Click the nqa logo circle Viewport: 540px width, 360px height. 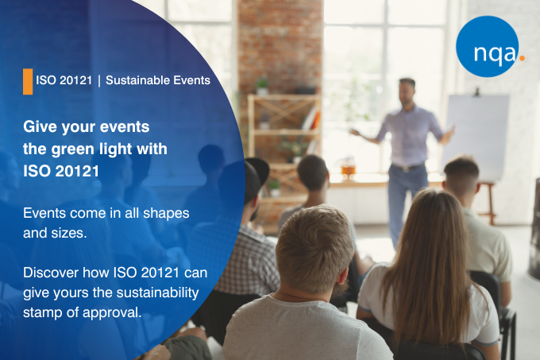click(487, 46)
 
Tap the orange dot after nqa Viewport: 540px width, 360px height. click(522, 58)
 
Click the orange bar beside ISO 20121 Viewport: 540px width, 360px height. click(28, 81)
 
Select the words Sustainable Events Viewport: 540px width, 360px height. click(158, 80)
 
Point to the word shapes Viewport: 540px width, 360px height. click(166, 214)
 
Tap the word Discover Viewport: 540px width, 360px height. click(51, 273)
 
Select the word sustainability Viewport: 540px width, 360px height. click(157, 293)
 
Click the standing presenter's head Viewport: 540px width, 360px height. click(407, 91)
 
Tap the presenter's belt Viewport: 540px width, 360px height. click(408, 168)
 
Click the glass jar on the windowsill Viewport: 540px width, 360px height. click(349, 168)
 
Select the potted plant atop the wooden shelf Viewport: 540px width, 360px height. click(262, 86)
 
